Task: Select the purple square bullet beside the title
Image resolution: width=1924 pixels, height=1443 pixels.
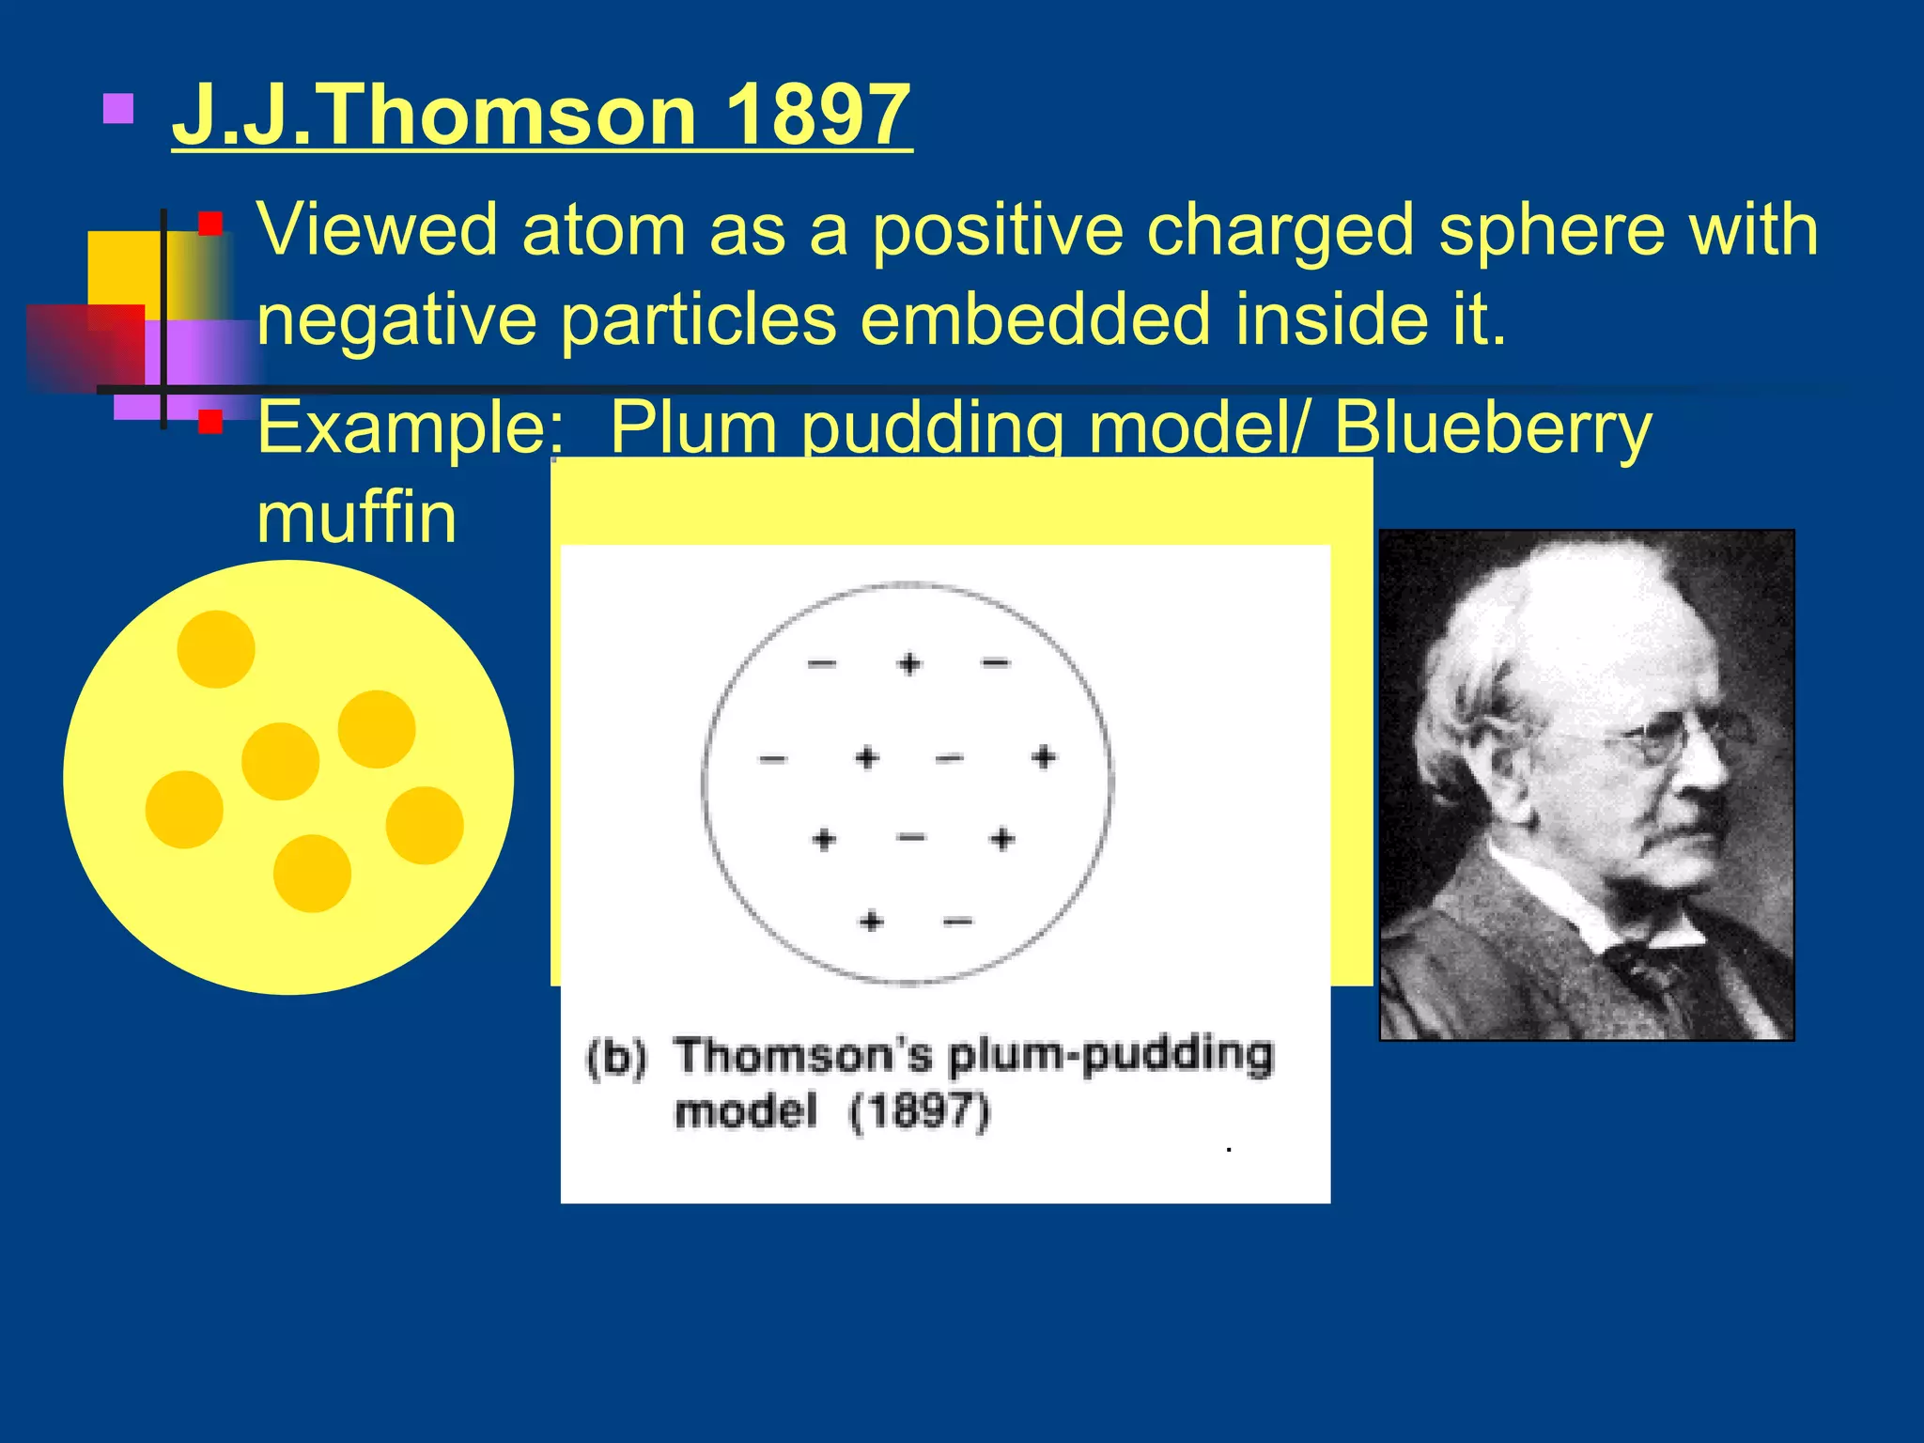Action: [118, 108]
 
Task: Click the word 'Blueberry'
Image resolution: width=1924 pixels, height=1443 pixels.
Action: [1492, 428]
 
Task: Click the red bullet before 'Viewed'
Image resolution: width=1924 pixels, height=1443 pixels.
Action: [210, 224]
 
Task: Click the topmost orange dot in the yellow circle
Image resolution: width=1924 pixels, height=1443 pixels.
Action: [216, 649]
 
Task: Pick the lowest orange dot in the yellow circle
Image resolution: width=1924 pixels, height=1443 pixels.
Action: [312, 874]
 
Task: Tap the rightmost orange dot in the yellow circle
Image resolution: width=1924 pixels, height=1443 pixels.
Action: [425, 825]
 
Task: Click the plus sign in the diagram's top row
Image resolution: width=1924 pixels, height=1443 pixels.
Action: [908, 664]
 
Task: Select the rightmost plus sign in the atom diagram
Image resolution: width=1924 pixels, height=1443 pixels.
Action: [1044, 757]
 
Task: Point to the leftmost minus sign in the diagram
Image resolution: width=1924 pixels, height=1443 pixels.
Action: [772, 759]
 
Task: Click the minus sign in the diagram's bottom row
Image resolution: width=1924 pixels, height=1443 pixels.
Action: [957, 922]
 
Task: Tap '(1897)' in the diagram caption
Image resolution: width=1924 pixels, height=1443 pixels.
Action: [920, 1112]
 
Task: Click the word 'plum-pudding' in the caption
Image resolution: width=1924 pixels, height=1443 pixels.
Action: [1110, 1054]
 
